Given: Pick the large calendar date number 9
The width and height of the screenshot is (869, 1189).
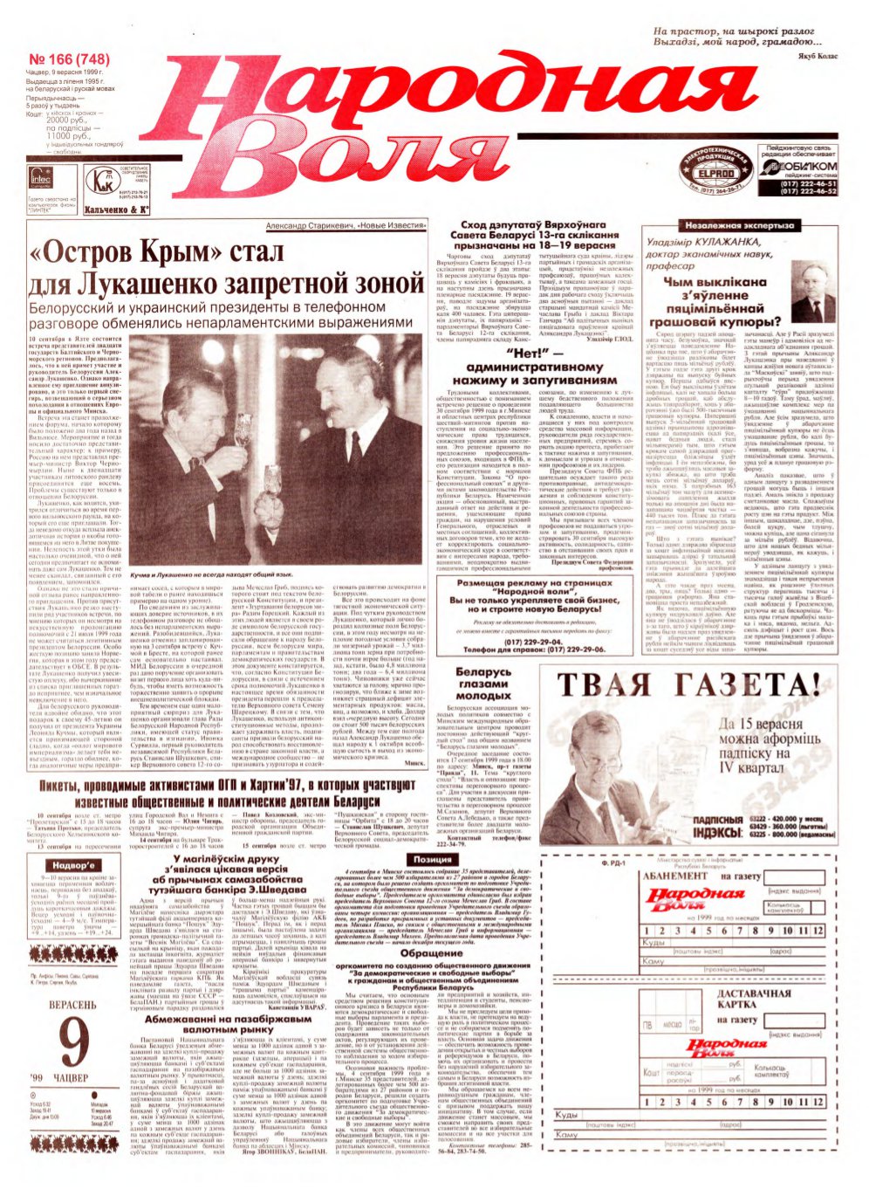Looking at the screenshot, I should click(76, 1044).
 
